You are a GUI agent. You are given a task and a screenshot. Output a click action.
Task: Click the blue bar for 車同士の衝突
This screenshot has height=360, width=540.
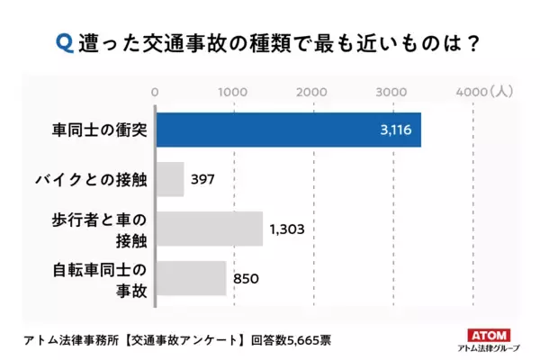(288, 130)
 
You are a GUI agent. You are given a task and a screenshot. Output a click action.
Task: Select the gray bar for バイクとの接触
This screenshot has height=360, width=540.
(170, 179)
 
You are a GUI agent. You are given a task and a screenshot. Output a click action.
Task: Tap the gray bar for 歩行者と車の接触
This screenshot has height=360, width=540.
(209, 229)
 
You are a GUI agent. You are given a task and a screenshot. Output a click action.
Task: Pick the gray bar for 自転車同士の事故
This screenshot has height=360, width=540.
(191, 278)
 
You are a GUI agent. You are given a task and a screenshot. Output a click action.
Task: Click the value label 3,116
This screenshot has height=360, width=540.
(396, 130)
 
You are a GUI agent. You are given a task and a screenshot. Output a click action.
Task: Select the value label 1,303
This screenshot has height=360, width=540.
(287, 229)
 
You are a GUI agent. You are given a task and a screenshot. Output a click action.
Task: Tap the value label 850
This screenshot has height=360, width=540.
(246, 279)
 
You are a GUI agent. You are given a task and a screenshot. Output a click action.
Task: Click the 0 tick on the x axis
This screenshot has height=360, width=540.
(157, 91)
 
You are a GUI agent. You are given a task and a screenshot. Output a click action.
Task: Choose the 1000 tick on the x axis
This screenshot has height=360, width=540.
(234, 91)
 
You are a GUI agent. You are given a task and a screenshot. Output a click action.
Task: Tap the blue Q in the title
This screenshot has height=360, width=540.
(63, 42)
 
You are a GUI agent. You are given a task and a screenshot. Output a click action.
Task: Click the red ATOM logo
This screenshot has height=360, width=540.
(489, 330)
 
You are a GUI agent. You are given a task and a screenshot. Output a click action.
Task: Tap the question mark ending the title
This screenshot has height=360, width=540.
(465, 42)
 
